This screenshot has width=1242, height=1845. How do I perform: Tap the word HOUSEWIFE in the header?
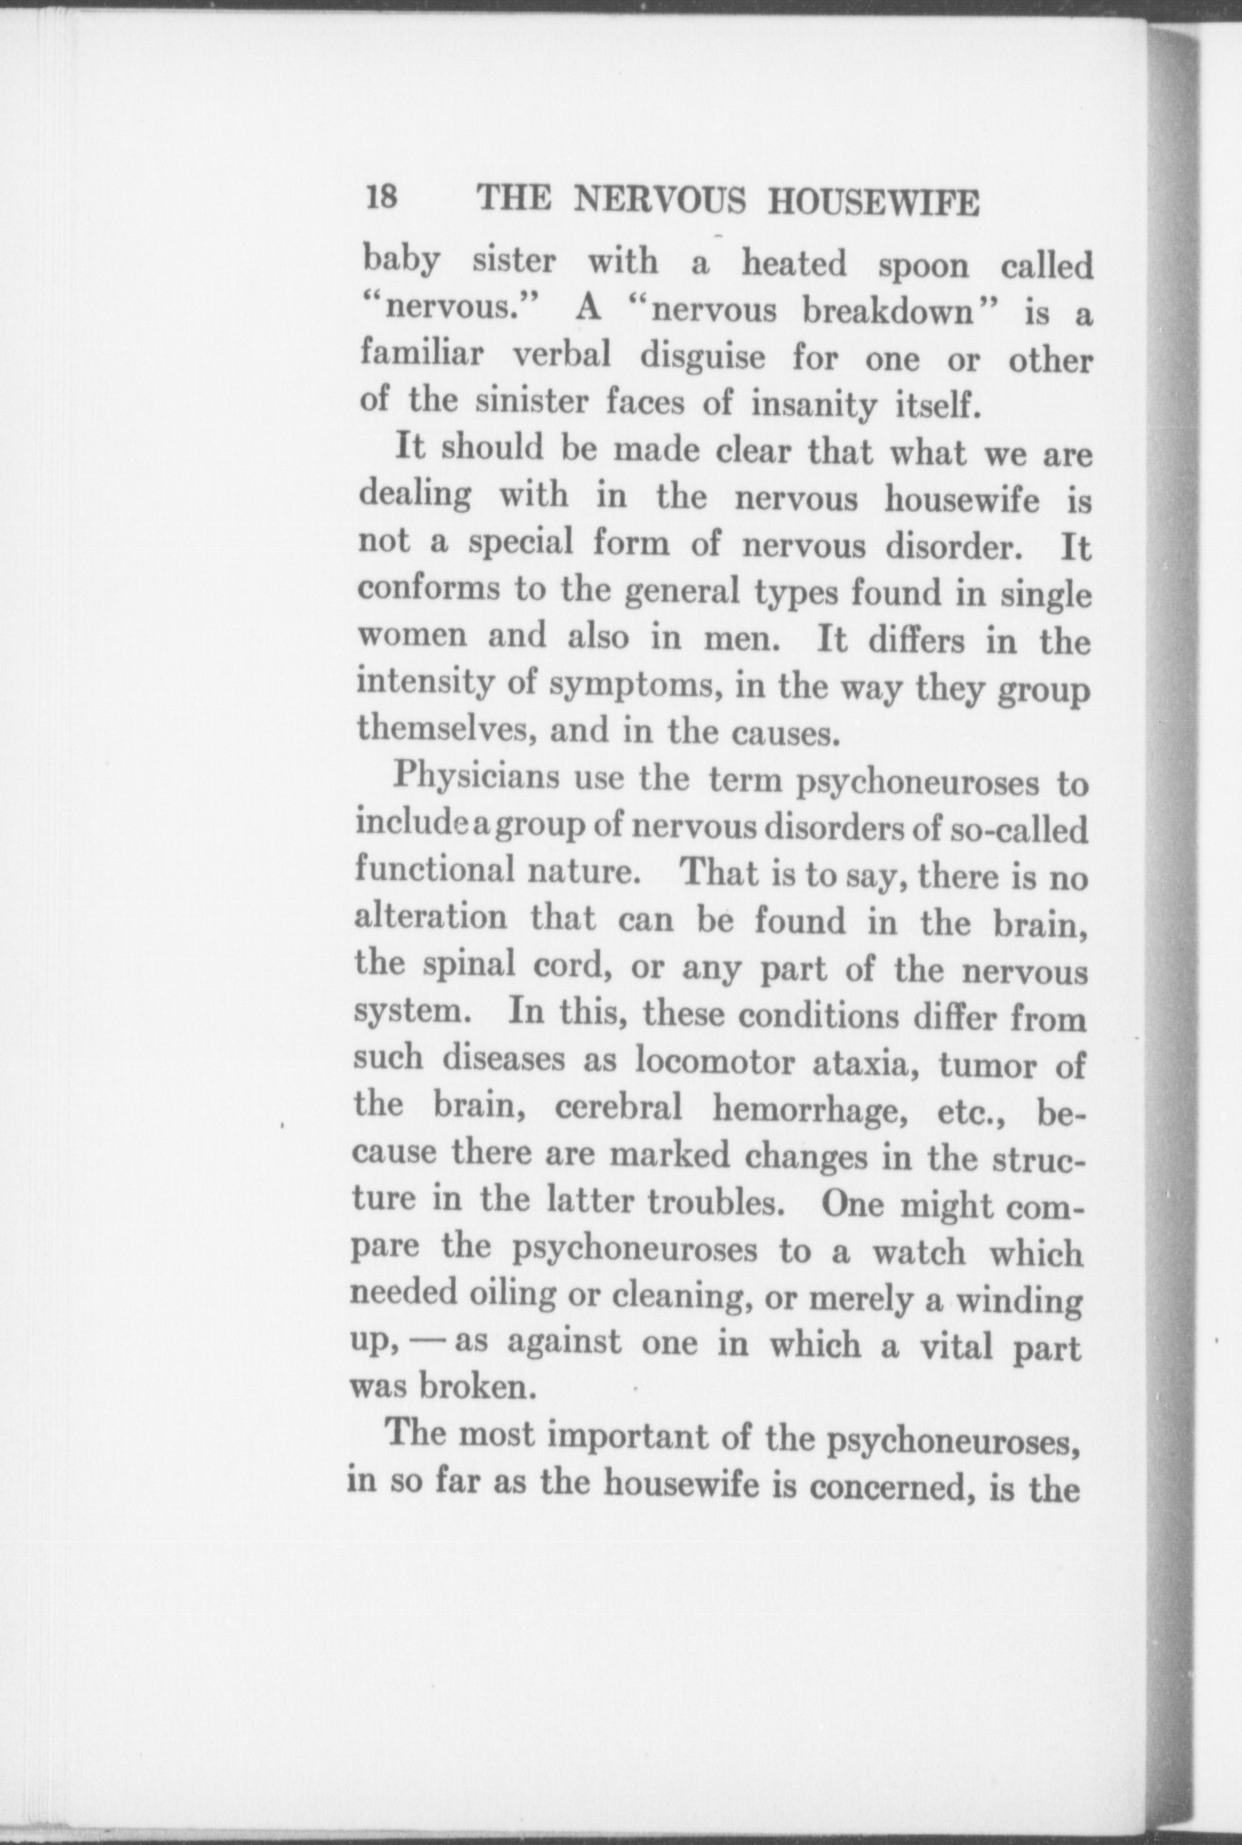pyautogui.click(x=873, y=202)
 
